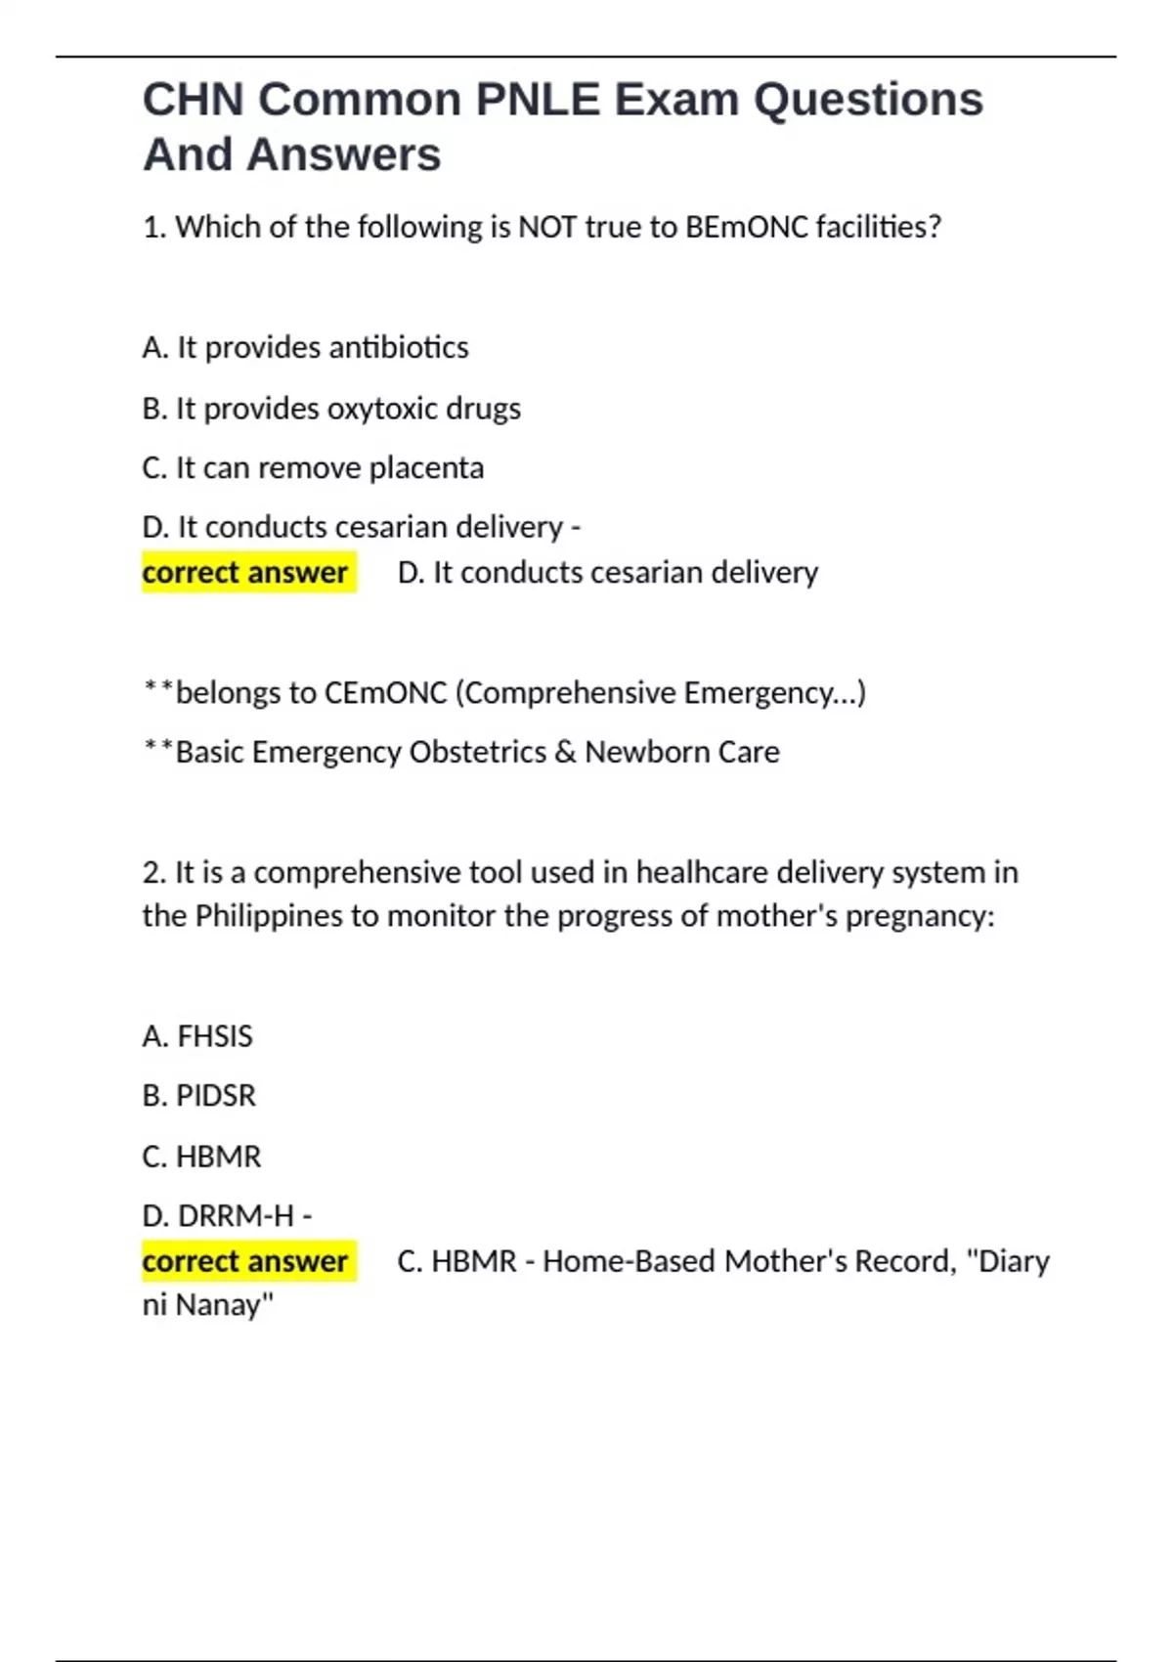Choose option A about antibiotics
[x=305, y=347]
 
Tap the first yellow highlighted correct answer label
[x=245, y=572]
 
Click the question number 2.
[x=153, y=872]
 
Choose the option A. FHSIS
[x=197, y=1036]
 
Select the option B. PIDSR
[x=198, y=1096]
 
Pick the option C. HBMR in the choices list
[x=201, y=1157]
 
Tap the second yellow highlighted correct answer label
[x=245, y=1261]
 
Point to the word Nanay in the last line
[x=225, y=1305]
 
